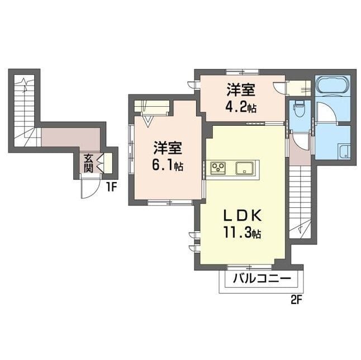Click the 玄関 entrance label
pos(88,164)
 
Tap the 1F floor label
pos(112,187)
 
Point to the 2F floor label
pos(296,300)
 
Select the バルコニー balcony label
pos(262,279)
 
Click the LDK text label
pos(243,216)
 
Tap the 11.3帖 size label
pos(242,233)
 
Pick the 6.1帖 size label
pos(168,165)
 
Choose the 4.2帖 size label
pos(241,107)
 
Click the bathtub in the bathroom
pos(332,84)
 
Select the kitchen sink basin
pos(245,168)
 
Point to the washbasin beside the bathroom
pos(344,151)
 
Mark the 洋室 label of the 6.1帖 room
pos(168,148)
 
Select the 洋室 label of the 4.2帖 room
pos(241,90)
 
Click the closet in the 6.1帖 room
pos(152,106)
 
